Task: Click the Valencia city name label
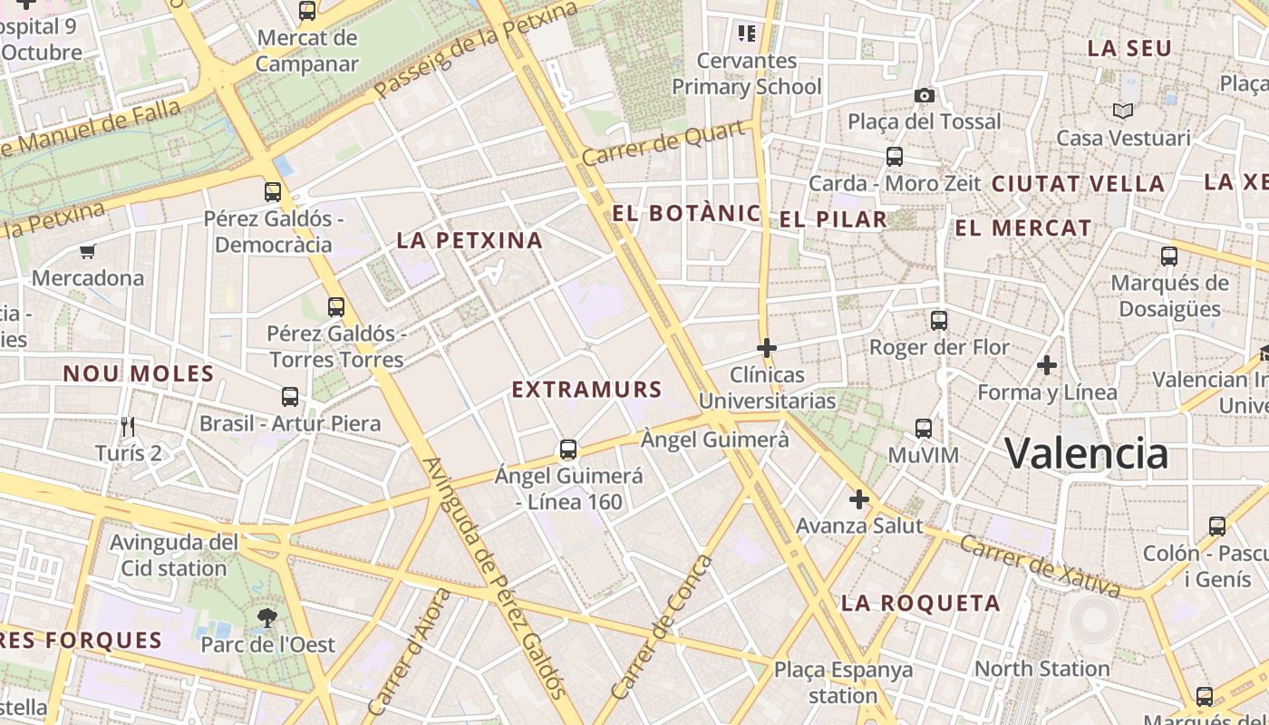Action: point(1086,452)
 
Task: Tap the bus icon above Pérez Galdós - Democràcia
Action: point(273,191)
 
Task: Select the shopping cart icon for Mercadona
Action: point(88,252)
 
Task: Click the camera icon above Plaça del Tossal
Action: point(924,95)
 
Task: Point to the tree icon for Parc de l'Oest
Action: point(267,618)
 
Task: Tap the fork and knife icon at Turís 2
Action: point(128,426)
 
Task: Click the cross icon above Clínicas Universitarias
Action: point(767,347)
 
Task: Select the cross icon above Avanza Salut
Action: point(858,498)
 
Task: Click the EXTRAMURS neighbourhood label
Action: point(586,390)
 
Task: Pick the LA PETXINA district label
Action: point(470,240)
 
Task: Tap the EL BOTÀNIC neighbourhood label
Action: point(686,214)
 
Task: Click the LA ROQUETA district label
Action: point(920,603)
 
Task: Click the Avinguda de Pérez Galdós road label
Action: point(495,577)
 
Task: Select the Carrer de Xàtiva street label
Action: point(1039,566)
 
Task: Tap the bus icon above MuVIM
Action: point(923,428)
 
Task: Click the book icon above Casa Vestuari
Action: point(1123,111)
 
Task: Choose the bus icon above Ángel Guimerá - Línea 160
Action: point(568,449)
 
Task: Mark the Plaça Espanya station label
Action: point(843,682)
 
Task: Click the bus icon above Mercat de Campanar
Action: point(307,11)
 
